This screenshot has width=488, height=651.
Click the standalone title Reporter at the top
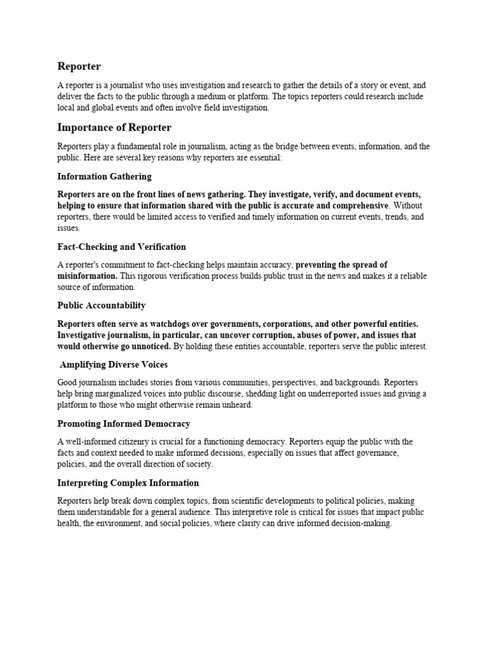pos(79,66)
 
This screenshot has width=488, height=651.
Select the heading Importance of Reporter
pos(114,128)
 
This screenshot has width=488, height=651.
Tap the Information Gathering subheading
pos(104,176)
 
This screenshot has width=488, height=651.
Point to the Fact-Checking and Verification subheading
pos(121,246)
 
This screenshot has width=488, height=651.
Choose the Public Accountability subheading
pos(101,305)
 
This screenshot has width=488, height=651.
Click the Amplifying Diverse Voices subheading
pos(114,364)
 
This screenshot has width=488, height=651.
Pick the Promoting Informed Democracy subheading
pos(124,423)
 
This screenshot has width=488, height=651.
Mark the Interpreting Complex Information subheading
pos(128,483)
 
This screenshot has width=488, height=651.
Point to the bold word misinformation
pos(86,276)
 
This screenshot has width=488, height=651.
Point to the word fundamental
pos(140,146)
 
